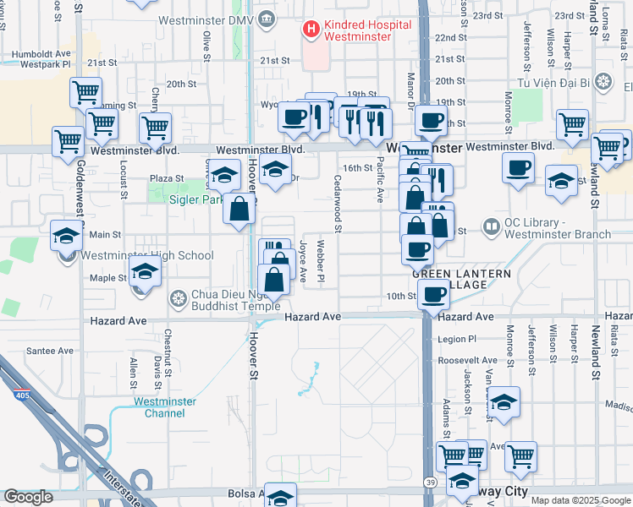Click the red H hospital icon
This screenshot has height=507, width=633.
311,30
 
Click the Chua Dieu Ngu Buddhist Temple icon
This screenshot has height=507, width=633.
178,298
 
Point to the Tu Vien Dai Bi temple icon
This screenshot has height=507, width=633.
603,82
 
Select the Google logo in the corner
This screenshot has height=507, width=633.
28,497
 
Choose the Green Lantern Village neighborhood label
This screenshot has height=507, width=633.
461,280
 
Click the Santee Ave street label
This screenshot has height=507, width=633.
49,351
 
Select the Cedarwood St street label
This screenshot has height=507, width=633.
338,204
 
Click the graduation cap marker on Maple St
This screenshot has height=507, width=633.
146,272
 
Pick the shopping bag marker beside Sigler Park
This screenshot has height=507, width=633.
239,208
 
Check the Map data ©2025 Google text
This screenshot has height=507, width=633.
580,499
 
